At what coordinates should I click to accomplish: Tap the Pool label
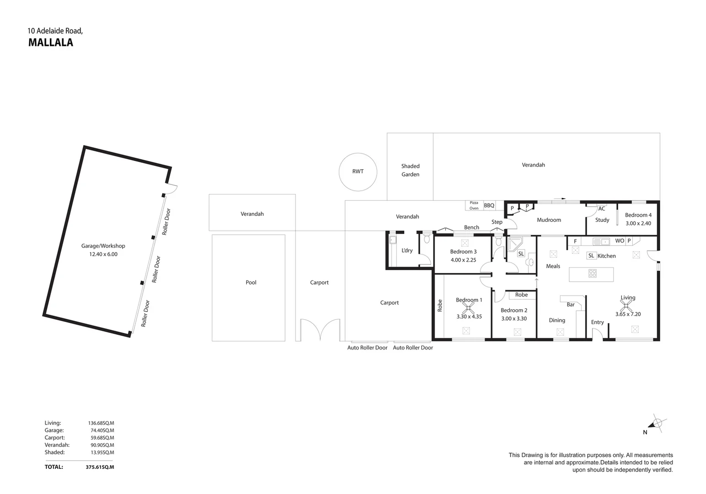click(x=251, y=282)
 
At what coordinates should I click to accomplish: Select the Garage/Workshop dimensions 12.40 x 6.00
click(x=103, y=254)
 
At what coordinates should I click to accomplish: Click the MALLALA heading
click(x=51, y=43)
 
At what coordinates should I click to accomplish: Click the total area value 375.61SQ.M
click(x=100, y=467)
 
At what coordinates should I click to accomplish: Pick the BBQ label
click(x=489, y=205)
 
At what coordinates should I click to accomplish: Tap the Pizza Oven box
click(x=474, y=205)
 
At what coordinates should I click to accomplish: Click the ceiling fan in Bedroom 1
click(x=469, y=307)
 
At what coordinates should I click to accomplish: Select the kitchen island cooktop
click(x=593, y=273)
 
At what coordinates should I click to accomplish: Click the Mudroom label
click(x=549, y=220)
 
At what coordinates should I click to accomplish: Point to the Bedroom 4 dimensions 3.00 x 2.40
click(x=638, y=223)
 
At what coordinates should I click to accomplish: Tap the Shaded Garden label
click(x=410, y=170)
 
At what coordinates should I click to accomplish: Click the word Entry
click(x=597, y=322)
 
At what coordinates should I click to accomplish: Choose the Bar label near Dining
click(x=571, y=305)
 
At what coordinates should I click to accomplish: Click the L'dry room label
click(x=407, y=251)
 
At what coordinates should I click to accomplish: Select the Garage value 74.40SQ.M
click(x=102, y=430)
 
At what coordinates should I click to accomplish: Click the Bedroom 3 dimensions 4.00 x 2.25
click(x=463, y=260)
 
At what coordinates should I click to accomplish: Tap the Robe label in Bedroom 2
click(x=521, y=295)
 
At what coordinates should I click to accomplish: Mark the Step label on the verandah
click(x=497, y=222)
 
